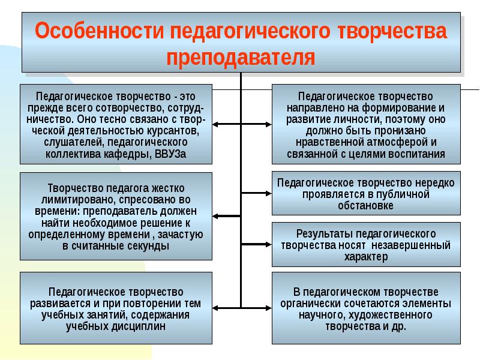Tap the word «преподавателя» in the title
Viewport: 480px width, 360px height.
pyautogui.click(x=241, y=58)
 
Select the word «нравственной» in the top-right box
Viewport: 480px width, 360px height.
pyautogui.click(x=330, y=142)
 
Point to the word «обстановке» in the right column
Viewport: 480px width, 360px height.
pyautogui.click(x=365, y=206)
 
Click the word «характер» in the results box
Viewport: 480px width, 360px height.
pyautogui.click(x=365, y=257)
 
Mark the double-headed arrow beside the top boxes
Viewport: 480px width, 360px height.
pyautogui.click(x=242, y=124)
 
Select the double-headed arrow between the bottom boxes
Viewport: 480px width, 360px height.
pyautogui.click(x=242, y=304)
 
